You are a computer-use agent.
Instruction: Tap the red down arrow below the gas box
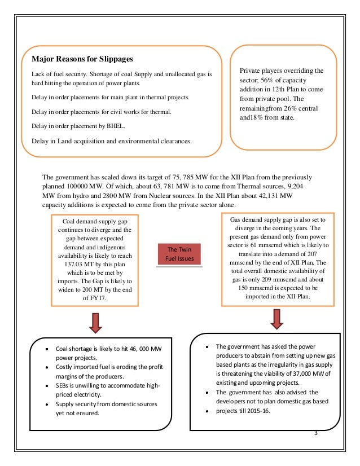276,318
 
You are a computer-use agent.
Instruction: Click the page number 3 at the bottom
315,433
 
